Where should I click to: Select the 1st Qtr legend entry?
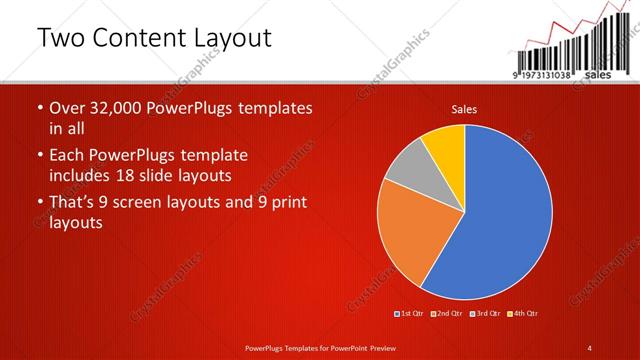(411, 314)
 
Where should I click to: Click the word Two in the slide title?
(62, 39)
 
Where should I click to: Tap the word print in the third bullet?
(287, 203)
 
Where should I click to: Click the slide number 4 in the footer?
(590, 346)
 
